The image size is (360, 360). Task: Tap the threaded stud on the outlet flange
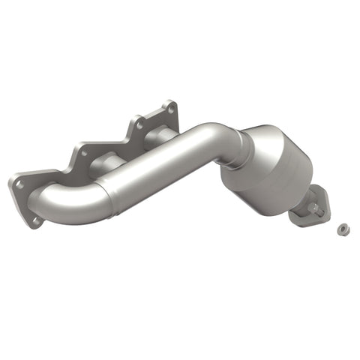point(320,212)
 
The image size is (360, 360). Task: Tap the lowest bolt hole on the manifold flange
point(34,220)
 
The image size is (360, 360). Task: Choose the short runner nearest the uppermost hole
point(155,136)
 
